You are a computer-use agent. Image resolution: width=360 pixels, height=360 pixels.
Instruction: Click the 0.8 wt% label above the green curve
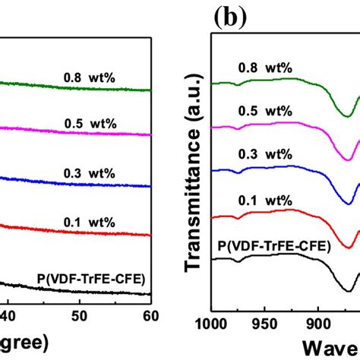pos(89,77)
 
